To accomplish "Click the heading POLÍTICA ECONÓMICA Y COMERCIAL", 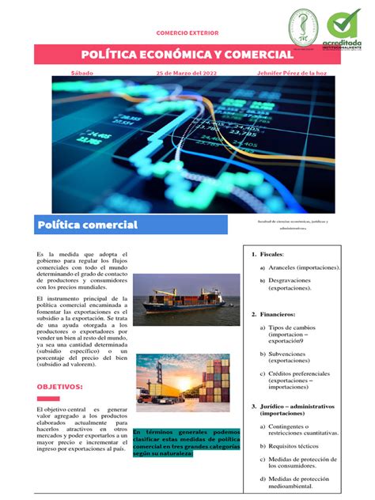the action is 187,54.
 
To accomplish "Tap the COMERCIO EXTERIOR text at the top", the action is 187,33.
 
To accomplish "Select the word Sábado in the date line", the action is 81,73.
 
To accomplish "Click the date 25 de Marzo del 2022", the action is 186,73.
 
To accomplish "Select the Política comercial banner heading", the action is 88,225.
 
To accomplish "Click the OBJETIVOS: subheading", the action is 60,387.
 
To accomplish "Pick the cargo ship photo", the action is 186,294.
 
